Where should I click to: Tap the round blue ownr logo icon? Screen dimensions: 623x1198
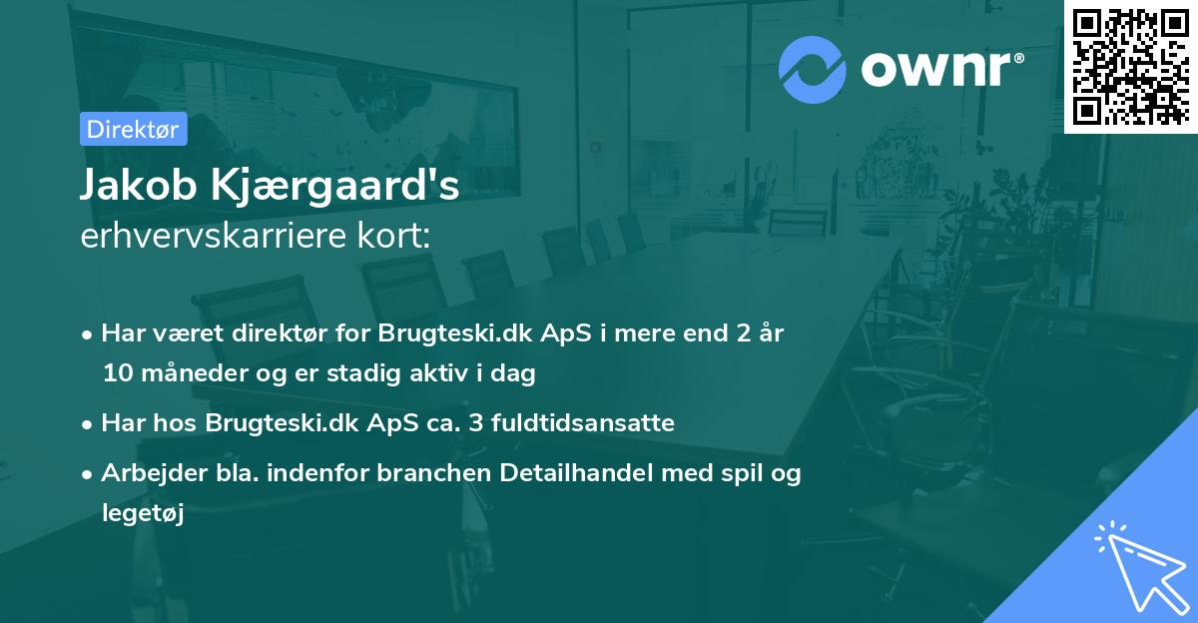point(810,70)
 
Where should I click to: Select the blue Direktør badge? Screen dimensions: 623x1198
point(133,129)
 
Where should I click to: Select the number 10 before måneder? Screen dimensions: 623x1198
point(116,374)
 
